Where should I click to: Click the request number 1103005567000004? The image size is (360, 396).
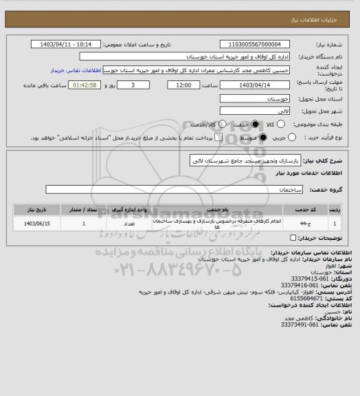[x=255, y=44]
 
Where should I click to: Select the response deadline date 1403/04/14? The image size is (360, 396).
[x=255, y=85]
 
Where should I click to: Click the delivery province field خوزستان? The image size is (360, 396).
[x=255, y=99]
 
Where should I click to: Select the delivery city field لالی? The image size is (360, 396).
[x=255, y=111]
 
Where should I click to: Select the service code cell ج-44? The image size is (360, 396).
[x=305, y=223]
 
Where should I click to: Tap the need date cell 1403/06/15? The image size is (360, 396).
[x=38, y=223]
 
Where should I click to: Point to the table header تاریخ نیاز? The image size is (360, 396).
[x=38, y=208]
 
